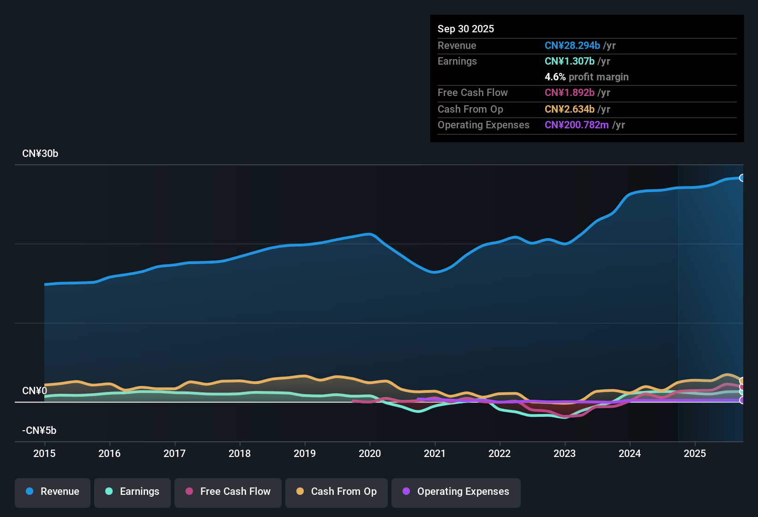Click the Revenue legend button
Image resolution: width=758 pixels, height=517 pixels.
click(53, 492)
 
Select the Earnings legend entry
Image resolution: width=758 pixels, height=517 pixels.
click(132, 492)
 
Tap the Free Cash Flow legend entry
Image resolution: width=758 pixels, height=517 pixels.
click(228, 492)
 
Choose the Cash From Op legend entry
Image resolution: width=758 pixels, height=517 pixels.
click(337, 492)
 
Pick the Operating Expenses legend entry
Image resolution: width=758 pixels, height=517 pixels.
click(456, 492)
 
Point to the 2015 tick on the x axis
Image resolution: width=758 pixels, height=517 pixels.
click(44, 453)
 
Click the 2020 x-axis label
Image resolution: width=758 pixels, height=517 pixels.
click(370, 453)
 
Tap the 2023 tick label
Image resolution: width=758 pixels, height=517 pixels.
click(565, 453)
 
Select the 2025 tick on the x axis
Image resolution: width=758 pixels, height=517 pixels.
click(695, 453)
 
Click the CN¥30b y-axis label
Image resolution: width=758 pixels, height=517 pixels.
click(40, 154)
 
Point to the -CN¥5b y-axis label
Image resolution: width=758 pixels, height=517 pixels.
click(39, 431)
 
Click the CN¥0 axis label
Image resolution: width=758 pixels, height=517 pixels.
click(35, 391)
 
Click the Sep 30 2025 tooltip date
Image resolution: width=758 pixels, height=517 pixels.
click(466, 29)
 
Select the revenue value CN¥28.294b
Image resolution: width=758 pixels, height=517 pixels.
click(572, 45)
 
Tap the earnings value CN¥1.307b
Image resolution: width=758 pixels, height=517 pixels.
click(570, 61)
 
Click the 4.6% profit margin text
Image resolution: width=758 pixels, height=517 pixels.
click(587, 77)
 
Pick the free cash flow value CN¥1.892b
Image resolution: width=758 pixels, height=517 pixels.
click(570, 92)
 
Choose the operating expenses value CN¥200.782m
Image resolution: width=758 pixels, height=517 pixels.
click(577, 125)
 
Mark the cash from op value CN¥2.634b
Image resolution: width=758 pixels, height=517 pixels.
click(570, 109)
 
